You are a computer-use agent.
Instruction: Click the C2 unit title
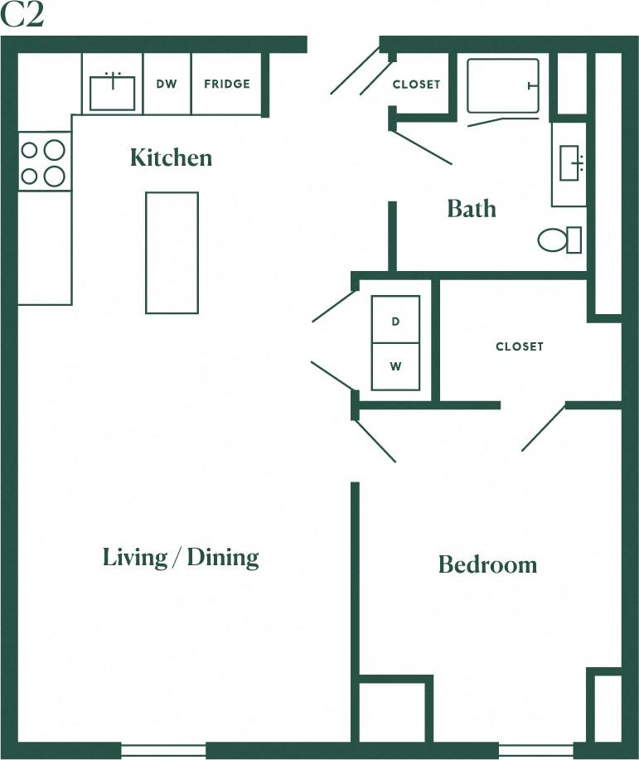22,17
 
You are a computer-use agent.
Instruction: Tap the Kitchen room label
171,157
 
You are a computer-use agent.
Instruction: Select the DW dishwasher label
167,84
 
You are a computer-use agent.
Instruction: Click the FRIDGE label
226,84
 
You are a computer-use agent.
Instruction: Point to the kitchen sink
112,92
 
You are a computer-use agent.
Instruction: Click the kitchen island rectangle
172,253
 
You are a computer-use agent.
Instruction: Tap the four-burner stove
43,162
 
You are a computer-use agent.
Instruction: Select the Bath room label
472,209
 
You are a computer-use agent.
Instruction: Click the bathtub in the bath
502,85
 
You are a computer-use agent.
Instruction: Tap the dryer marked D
395,320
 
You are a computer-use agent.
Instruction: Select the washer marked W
395,365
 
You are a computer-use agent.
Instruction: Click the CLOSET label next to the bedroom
520,346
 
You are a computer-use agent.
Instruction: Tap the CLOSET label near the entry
416,85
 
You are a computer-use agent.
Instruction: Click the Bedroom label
487,565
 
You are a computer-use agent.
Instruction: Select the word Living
134,557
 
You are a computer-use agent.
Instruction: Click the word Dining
222,557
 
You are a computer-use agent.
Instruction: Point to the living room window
163,750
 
